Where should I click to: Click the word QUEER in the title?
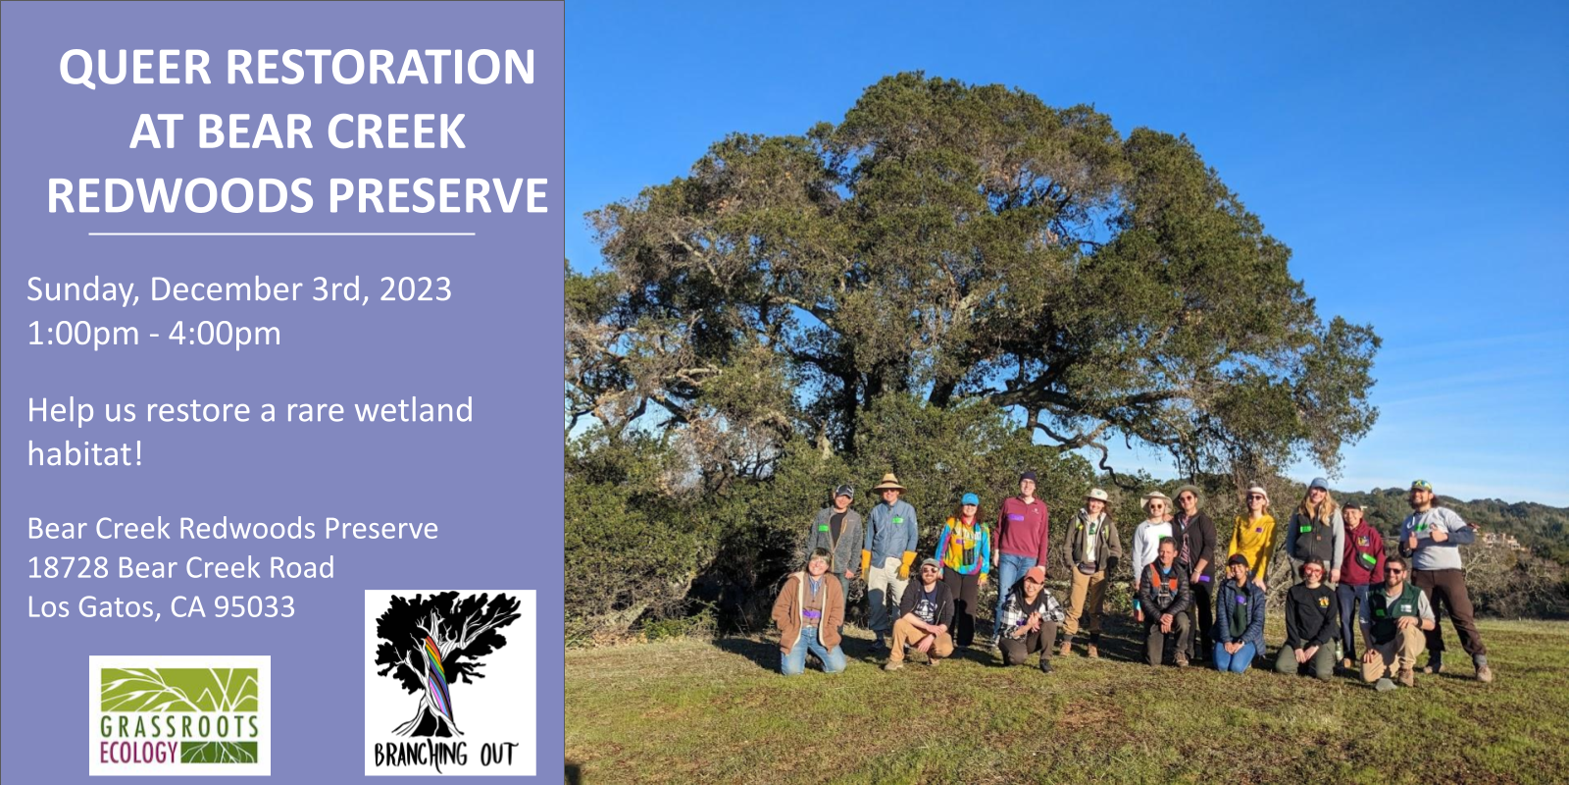tap(134, 68)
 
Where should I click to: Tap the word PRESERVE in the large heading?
tap(438, 195)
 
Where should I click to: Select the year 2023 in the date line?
tap(415, 289)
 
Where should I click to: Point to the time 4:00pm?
tap(225, 334)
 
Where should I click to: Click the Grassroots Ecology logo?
tap(179, 715)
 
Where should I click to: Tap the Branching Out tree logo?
tap(450, 682)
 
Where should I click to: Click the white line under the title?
tap(281, 235)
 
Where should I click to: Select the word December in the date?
tap(226, 289)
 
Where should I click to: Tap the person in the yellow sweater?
tap(1252, 540)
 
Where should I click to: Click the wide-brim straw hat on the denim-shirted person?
tap(889, 483)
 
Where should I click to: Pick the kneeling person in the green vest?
tap(1393, 618)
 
